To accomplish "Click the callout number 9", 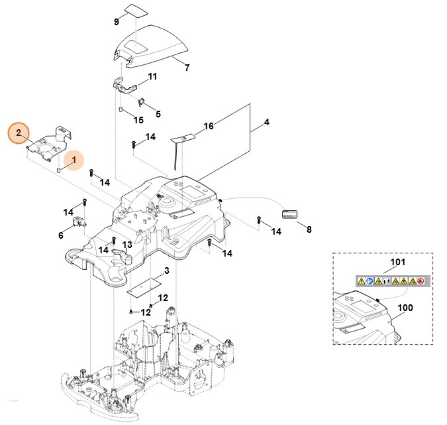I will (x=117, y=22).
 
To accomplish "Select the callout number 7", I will (x=187, y=68).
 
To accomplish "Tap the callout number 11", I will (x=153, y=77).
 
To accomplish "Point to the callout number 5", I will (x=158, y=113).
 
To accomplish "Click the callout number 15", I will (x=138, y=120).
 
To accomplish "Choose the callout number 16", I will (x=209, y=126).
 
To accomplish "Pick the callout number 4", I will (x=267, y=122).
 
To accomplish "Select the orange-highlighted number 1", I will (x=74, y=160).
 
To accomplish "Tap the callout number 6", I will (x=61, y=235).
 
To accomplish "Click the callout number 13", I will (x=127, y=245).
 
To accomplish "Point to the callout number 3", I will (x=167, y=271).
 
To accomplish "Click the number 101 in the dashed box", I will (x=397, y=263).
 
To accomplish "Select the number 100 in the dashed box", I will (x=405, y=309).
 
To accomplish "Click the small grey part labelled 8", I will (x=290, y=214).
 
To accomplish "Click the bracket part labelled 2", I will (x=48, y=143).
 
